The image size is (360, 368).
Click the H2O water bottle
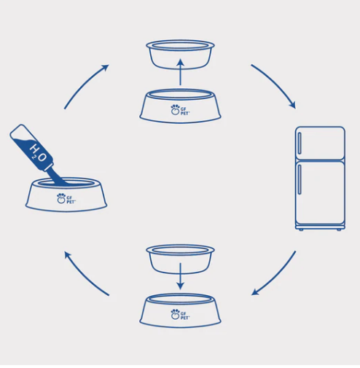coord(31,148)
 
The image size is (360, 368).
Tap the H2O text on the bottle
coord(38,152)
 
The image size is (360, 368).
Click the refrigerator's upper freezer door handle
coord(300,144)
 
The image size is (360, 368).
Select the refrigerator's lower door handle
coord(300,179)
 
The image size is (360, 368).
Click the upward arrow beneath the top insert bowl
coord(180,72)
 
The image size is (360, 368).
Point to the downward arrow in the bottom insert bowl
coord(180,276)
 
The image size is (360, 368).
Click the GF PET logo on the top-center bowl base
coord(180,110)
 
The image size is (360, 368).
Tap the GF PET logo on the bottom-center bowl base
coord(180,314)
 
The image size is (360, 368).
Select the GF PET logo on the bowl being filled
coord(66,198)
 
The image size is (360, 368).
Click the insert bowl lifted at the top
coord(180,55)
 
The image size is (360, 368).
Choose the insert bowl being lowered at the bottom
coord(180,259)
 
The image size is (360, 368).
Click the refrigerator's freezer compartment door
coord(320,144)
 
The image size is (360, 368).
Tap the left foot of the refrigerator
coord(301,230)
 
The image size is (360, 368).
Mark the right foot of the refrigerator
coord(339,230)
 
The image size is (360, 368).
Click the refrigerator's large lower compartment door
coord(320,193)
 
